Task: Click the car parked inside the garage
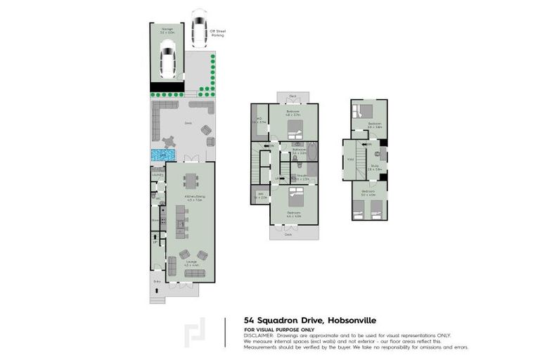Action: [167, 59]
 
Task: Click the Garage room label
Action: [166, 30]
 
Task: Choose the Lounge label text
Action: [191, 262]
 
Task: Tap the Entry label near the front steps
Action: [157, 282]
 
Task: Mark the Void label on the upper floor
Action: [350, 159]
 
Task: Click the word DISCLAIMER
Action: [257, 335]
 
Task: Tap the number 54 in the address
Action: [249, 318]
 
